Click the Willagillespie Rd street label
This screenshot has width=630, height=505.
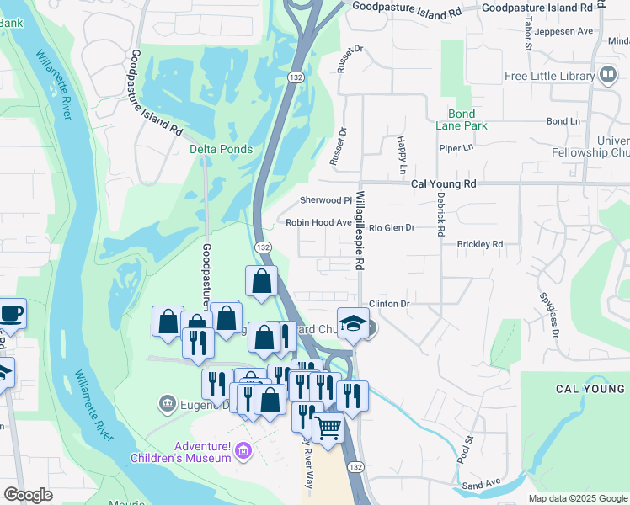(360, 230)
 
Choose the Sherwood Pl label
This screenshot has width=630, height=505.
(325, 200)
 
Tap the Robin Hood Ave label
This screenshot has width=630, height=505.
(318, 223)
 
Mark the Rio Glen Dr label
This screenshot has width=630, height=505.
(392, 227)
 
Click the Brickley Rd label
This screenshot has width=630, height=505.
(479, 244)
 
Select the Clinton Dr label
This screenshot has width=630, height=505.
(388, 303)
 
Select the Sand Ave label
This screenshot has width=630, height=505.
(481, 485)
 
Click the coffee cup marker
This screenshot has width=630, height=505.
(11, 313)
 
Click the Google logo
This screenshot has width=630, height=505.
(29, 495)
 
